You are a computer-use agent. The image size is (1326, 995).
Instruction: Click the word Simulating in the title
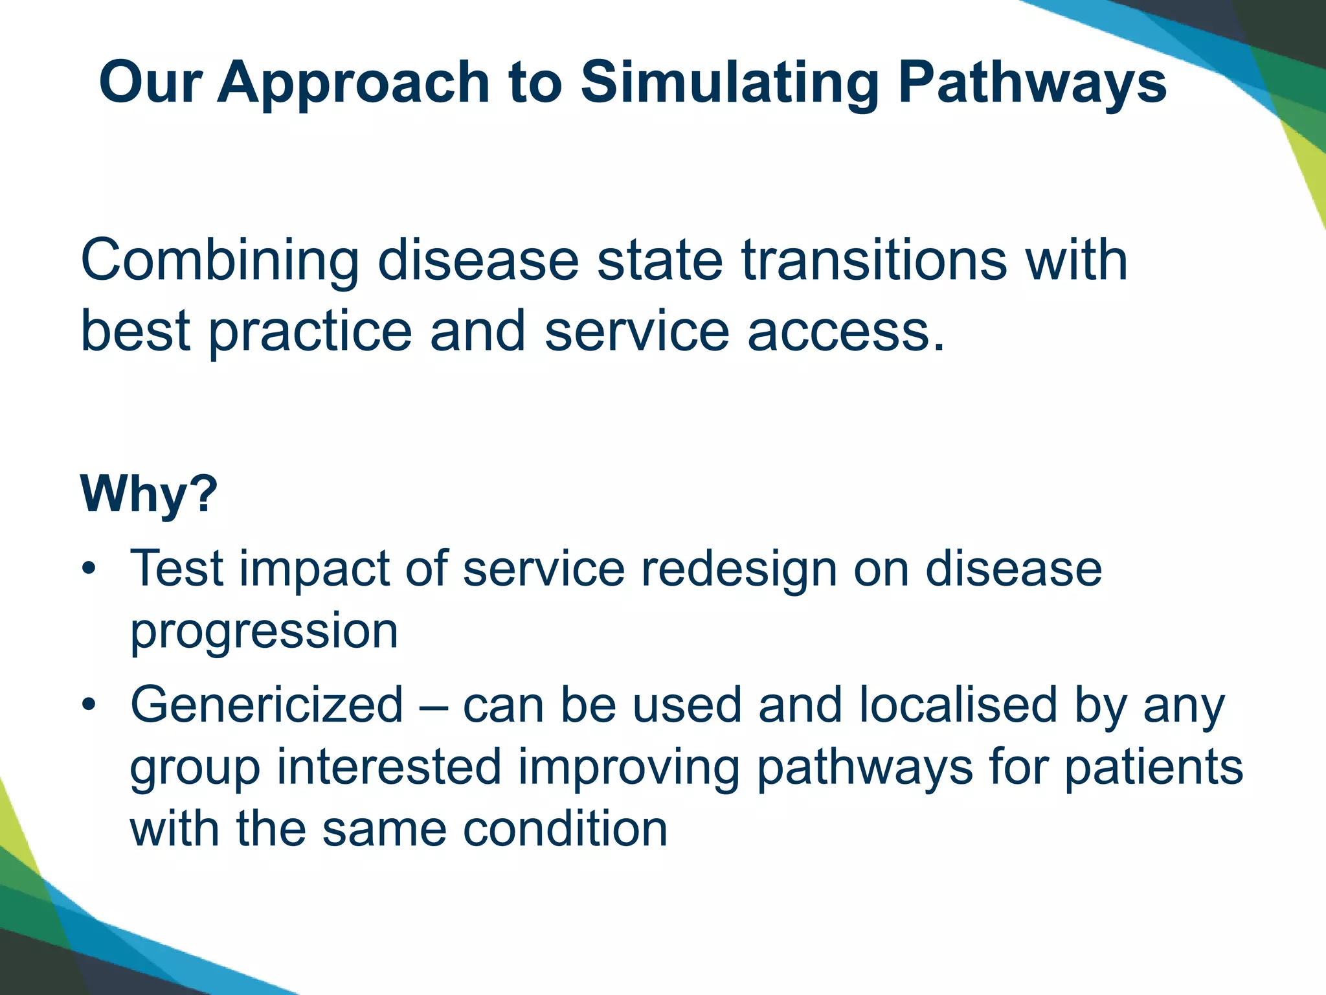coord(728,83)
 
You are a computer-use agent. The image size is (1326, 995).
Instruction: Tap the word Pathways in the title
coord(1032,83)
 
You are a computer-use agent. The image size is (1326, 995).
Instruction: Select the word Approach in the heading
coord(353,83)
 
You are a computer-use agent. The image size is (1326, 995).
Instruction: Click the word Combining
coord(219,260)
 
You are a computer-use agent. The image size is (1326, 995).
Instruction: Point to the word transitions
coord(875,260)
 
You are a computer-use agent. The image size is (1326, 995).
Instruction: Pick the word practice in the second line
coord(310,332)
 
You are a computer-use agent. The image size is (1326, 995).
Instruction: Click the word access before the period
coord(838,332)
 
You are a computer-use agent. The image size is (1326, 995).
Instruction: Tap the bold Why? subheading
coord(149,494)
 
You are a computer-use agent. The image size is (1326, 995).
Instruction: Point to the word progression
coord(264,632)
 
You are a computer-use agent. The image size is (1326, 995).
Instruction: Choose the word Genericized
coord(267,704)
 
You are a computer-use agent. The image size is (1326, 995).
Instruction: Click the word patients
coord(1153,768)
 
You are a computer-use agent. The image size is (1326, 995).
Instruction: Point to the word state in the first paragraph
coord(660,260)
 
